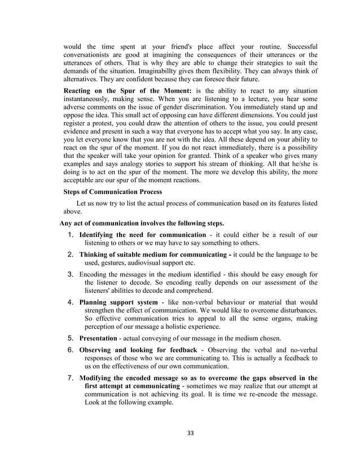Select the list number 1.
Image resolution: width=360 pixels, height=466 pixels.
pos(71,234)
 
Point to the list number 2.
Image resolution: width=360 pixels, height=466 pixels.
pos(71,254)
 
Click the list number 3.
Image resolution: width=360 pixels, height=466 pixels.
pos(71,274)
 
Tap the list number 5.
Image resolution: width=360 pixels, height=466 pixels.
pos(71,339)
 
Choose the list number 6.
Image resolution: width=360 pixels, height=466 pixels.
pos(71,350)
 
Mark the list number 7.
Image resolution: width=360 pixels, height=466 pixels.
pos(71,377)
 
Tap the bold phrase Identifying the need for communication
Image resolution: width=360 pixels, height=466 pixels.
pos(142,234)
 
